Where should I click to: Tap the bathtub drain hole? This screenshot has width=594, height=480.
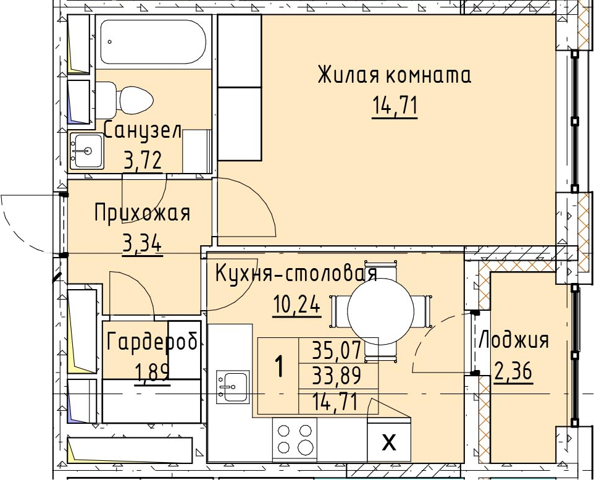coord(110,42)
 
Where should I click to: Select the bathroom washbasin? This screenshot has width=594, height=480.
coord(86,151)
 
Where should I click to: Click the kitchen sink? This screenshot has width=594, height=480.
coord(233,386)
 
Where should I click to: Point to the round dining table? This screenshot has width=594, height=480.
coord(380,311)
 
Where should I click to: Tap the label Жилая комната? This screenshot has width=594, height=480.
coord(394,75)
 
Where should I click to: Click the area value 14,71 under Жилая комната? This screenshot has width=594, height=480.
coord(395,106)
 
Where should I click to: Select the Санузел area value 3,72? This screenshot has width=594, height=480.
coord(143,161)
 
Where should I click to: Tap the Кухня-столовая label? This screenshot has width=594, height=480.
coord(296,274)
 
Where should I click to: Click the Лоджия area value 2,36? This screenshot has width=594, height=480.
coord(513,371)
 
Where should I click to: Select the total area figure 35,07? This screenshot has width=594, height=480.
coord(337,351)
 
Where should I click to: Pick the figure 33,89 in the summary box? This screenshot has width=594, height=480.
coord(337,376)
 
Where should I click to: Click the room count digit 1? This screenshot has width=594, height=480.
coord(280,367)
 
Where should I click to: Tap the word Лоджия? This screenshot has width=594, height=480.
coord(513,340)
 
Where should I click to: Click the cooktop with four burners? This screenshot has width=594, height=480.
coord(295,440)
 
